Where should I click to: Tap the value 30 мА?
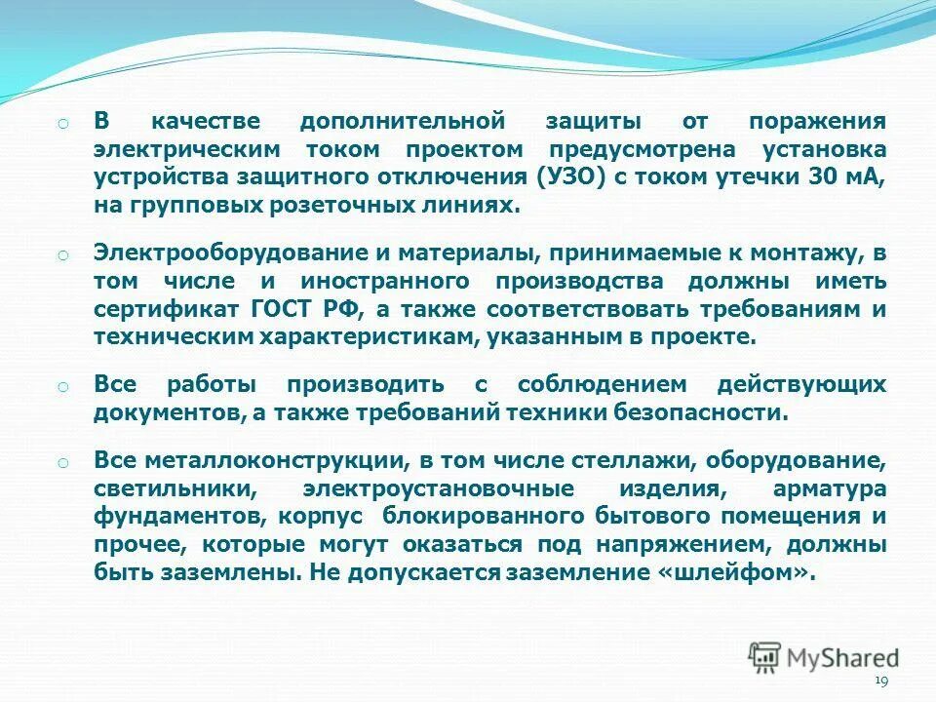(x=847, y=177)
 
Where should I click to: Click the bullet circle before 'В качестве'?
(x=60, y=124)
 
